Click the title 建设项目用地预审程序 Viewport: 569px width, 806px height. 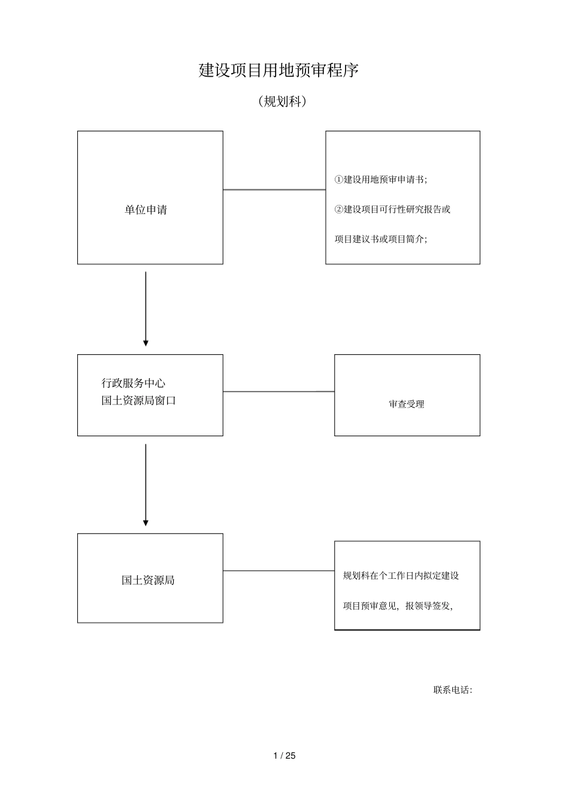pos(279,71)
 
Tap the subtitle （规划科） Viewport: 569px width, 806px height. pos(282,102)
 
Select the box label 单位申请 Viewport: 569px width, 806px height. pos(146,210)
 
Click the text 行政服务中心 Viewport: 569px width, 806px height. pos(134,383)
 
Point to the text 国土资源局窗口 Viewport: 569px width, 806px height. pos(138,400)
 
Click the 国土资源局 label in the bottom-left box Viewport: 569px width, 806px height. pos(148,580)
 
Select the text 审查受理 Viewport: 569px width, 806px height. pos(406,404)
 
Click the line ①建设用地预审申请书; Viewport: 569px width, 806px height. pos(381,180)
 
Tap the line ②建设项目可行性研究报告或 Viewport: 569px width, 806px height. pos(392,209)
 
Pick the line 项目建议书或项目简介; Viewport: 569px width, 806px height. pos(381,239)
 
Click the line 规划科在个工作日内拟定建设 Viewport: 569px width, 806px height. pos(401,576)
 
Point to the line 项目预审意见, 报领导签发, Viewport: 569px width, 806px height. pos(398,606)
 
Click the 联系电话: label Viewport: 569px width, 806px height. pos(453,690)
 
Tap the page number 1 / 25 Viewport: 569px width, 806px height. pos(284,756)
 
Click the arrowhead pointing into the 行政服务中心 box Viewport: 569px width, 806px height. pos(146,343)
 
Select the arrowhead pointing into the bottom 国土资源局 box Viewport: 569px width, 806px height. pos(146,523)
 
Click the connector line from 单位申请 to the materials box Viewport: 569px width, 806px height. pos(274,190)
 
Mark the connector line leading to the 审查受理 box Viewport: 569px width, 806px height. pos(279,392)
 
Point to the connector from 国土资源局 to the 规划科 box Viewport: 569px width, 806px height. pos(279,571)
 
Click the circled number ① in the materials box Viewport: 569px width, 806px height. pos(339,180)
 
